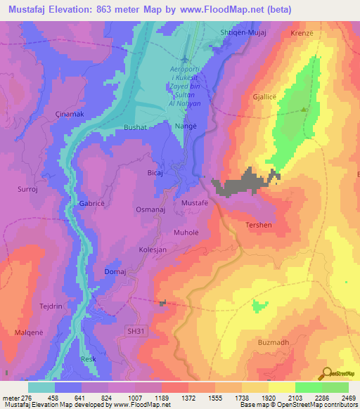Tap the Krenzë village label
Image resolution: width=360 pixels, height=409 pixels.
click(302, 33)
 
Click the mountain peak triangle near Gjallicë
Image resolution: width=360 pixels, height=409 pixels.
click(304, 110)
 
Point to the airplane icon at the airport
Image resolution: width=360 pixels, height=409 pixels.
click(185, 58)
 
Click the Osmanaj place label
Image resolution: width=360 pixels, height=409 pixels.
click(150, 209)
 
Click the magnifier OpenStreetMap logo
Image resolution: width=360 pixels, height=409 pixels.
click(326, 374)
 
